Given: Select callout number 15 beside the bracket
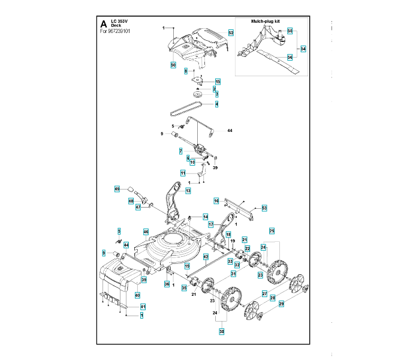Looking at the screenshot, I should pyautogui.click(x=218, y=81).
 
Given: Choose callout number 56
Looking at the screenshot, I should pyautogui.click(x=290, y=58).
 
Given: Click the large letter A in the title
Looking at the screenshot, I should pyautogui.click(x=104, y=24).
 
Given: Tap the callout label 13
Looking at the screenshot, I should pyautogui.click(x=188, y=191).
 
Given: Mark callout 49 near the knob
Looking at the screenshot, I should pyautogui.click(x=117, y=189).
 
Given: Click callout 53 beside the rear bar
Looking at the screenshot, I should pyautogui.click(x=264, y=208).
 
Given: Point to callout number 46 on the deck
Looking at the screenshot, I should pyautogui.click(x=146, y=232).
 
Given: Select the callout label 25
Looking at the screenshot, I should pyautogui.click(x=272, y=230).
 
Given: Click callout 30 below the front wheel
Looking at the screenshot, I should pyautogui.click(x=221, y=331).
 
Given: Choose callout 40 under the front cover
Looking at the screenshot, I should pyautogui.click(x=137, y=295).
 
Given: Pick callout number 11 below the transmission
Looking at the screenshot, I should pyautogui.click(x=183, y=172).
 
